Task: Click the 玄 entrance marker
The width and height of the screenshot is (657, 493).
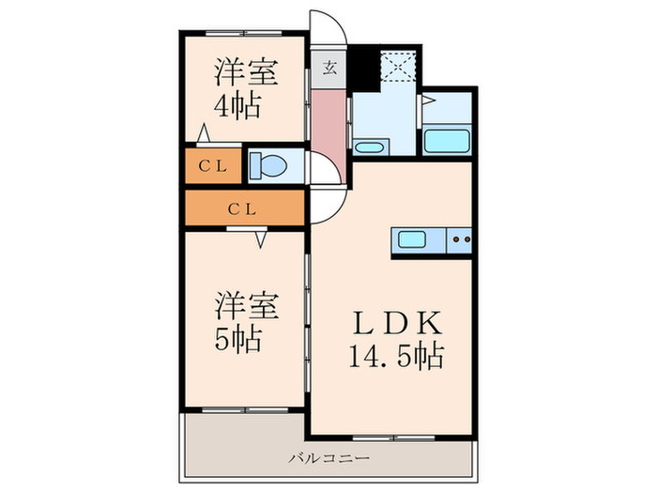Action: coord(330,68)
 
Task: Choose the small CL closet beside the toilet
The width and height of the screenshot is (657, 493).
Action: coord(213,166)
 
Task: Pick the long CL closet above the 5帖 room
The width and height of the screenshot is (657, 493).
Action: coord(243,208)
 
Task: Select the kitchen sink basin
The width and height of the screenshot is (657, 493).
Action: coord(414,239)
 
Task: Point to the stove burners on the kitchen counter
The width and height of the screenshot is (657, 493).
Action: coord(460,239)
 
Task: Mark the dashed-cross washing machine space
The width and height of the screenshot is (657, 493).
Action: coord(398,65)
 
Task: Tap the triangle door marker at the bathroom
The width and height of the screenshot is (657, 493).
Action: coord(428,98)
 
